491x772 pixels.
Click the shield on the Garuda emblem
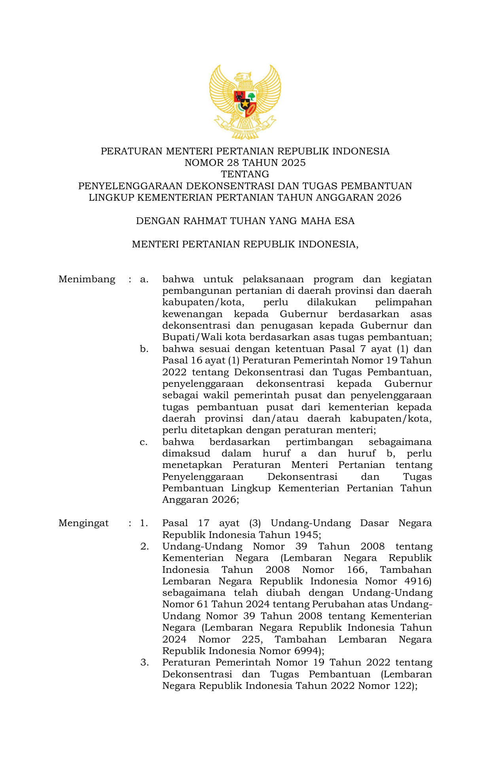coord(245,103)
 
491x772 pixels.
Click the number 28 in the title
coord(233,163)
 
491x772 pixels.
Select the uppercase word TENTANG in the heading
coord(245,174)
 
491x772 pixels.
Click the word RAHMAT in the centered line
coord(205,221)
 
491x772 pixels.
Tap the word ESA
coord(344,221)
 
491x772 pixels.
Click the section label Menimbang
coord(87,280)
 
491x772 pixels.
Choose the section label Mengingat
coord(83,523)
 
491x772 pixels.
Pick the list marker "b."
coord(144,349)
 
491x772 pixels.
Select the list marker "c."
coord(144,442)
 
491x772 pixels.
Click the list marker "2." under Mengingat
coord(144,547)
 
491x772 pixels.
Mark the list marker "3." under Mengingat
coord(144,663)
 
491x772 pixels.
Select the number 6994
coord(307,651)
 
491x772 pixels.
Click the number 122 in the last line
coord(402,686)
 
